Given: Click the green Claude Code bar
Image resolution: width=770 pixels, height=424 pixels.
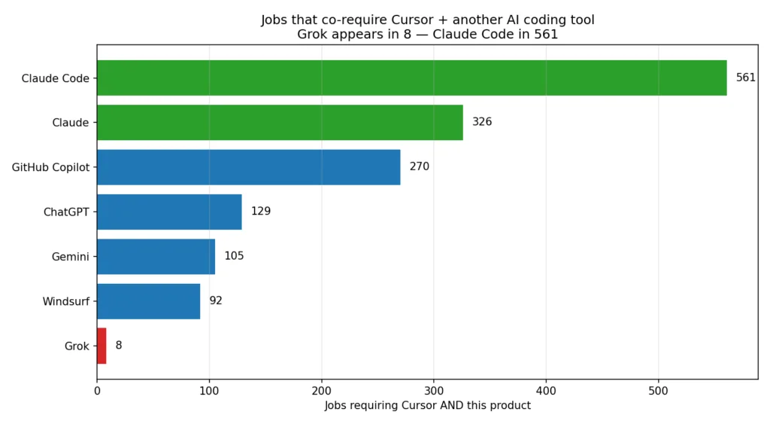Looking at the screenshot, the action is (x=411, y=78).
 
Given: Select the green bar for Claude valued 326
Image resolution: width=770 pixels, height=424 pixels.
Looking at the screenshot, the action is (x=280, y=123).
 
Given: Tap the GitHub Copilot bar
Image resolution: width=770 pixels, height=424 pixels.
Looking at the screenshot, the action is (x=248, y=167).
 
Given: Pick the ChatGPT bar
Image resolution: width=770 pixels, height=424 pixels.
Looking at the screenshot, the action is (x=169, y=212).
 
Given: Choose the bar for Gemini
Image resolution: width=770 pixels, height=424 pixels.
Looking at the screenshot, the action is (x=156, y=257).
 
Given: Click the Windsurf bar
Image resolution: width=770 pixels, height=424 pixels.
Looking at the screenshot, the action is (x=149, y=301).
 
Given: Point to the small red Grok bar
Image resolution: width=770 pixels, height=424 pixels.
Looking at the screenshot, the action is (x=102, y=346).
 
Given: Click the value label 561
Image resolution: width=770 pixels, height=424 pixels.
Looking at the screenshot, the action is (x=745, y=78).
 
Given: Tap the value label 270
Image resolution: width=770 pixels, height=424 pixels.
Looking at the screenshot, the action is (x=420, y=166).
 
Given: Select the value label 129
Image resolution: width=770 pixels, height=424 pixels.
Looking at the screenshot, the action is (x=261, y=212).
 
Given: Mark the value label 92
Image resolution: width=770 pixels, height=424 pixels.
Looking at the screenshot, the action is (x=216, y=300).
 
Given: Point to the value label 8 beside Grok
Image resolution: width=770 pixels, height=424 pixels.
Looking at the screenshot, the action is (x=119, y=345).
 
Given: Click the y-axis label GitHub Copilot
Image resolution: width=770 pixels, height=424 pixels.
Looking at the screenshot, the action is (x=50, y=167).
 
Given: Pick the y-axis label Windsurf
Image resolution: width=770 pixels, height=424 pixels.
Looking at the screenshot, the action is (x=66, y=301).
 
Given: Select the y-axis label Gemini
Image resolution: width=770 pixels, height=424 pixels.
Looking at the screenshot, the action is (x=70, y=257).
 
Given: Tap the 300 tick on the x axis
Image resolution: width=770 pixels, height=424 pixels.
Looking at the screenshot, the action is (x=434, y=391).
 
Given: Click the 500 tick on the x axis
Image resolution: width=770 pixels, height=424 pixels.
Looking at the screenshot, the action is (x=658, y=391).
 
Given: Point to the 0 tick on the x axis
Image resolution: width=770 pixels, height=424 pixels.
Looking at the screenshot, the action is (x=97, y=391).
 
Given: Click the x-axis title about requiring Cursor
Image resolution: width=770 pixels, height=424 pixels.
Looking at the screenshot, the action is (x=427, y=405).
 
